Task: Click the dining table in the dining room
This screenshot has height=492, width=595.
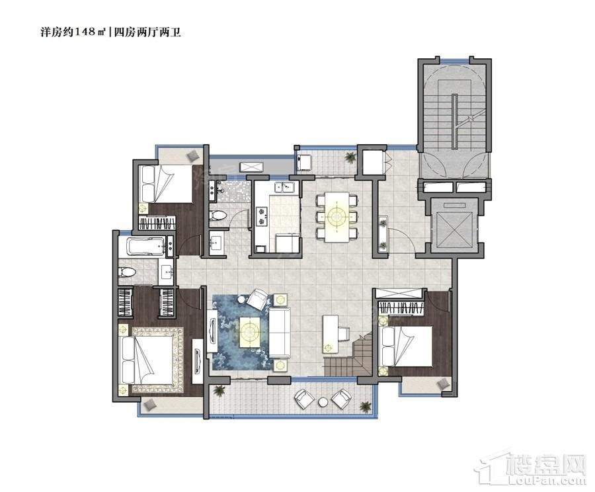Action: point(337,217)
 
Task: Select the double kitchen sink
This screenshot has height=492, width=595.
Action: point(284,186)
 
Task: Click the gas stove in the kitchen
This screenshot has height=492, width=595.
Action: point(261,216)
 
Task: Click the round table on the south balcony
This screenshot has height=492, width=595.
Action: point(323,402)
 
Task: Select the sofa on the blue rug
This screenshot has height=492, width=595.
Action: point(280,333)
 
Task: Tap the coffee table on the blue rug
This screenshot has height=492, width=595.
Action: point(250,331)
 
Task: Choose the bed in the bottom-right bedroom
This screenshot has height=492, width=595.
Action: point(407,346)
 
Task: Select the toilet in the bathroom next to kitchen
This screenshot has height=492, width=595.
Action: point(218,216)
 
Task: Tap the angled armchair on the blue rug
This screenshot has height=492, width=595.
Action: point(258,299)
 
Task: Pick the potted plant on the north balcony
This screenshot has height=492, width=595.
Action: point(350,157)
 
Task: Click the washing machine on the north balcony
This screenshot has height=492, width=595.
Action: point(305,162)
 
